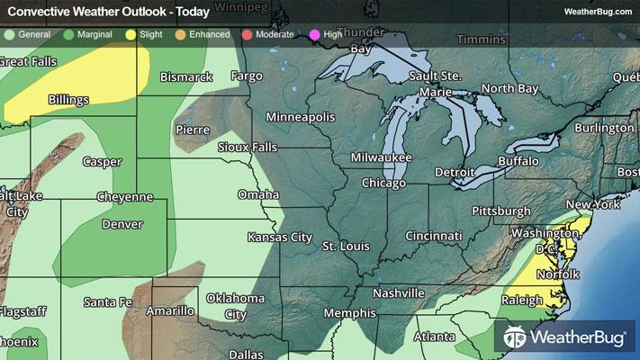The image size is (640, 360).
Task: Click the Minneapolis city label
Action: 300,118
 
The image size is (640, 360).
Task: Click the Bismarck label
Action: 185,77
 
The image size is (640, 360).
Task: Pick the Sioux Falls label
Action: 248,147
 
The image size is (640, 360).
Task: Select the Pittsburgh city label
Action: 500,211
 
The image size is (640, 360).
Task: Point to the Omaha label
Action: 257,194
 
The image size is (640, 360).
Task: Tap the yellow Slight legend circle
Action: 131,34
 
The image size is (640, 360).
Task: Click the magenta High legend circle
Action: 315,34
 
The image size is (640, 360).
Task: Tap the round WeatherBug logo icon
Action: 515,337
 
